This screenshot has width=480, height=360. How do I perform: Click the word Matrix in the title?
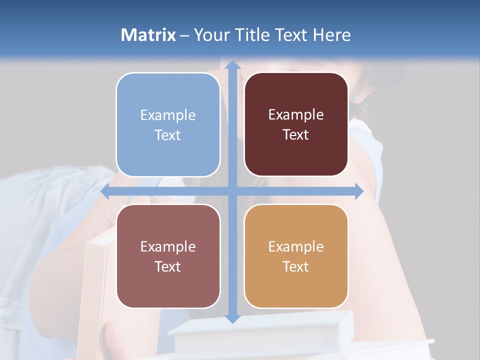[148, 35]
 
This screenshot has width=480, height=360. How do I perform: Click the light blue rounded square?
[168, 124]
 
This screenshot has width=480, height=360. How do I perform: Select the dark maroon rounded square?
[296, 124]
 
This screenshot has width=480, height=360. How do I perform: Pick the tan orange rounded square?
[296, 255]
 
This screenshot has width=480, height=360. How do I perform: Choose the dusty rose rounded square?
[168, 255]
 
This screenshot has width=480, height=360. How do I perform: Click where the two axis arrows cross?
[232, 191]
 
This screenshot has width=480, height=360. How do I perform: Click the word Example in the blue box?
[168, 115]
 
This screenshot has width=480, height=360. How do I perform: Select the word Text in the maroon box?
[296, 135]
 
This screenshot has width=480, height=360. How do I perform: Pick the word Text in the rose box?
[168, 266]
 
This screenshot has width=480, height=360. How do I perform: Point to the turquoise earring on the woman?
[356, 95]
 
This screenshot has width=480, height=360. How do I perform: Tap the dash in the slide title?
[184, 35]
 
